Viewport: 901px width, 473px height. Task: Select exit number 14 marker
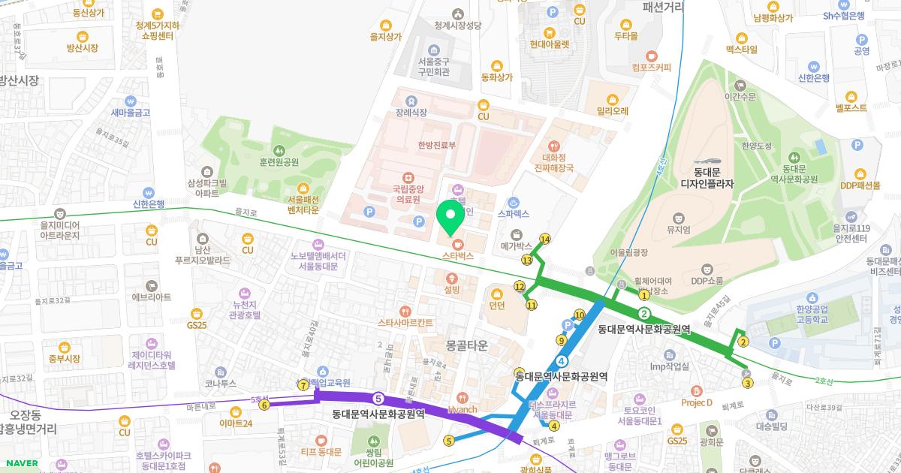[x=545, y=240]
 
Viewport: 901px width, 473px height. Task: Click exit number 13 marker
[x=527, y=260]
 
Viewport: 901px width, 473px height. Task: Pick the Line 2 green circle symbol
[x=643, y=314]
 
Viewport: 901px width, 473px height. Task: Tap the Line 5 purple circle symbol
[x=378, y=398]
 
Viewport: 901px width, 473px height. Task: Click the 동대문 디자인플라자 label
[x=707, y=177]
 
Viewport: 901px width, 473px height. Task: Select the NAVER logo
[x=21, y=462]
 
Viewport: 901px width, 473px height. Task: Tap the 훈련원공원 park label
[x=279, y=161]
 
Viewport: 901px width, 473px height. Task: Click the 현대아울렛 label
[x=550, y=44]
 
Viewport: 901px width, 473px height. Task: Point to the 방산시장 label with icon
[x=83, y=47]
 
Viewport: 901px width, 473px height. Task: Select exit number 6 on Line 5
[x=264, y=405]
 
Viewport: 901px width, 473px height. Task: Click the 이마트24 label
[x=236, y=423]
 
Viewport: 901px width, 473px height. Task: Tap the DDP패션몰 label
[x=860, y=185]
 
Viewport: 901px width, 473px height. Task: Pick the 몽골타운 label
[x=466, y=345]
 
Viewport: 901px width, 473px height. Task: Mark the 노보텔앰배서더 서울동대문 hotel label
[x=318, y=260]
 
